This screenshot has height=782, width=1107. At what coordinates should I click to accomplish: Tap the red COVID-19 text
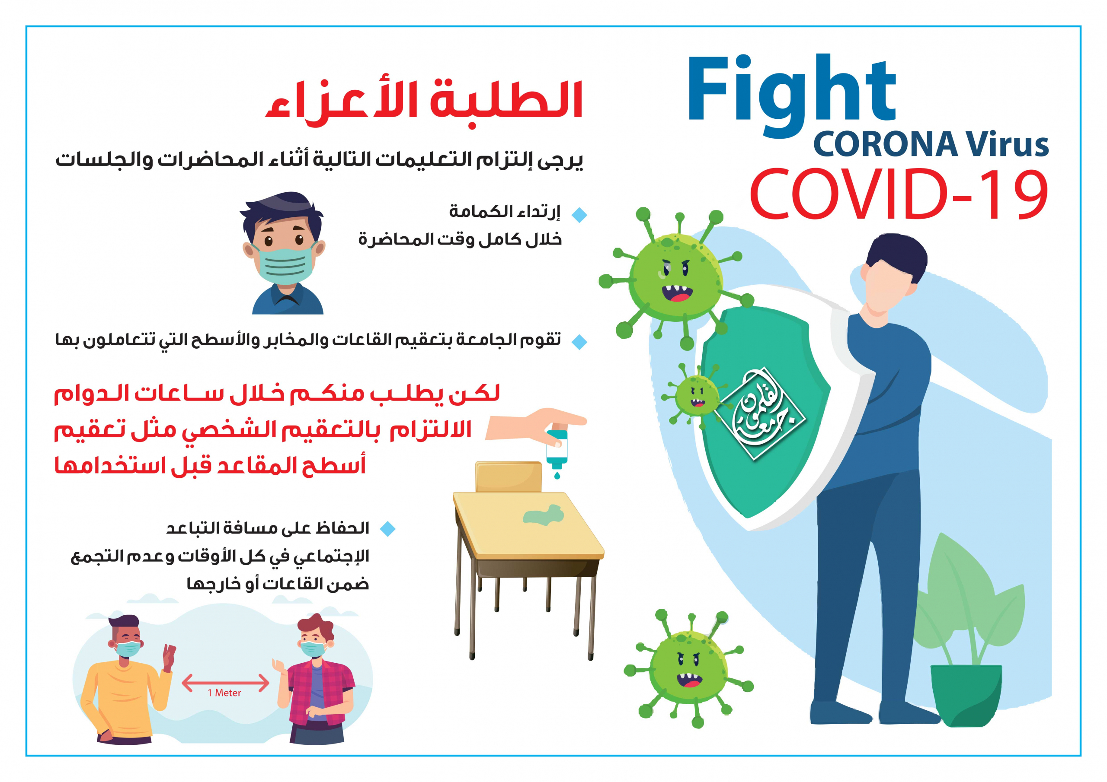[x=899, y=194]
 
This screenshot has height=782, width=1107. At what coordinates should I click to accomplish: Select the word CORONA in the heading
[x=885, y=145]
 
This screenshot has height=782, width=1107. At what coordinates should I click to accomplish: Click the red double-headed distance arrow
[x=225, y=682]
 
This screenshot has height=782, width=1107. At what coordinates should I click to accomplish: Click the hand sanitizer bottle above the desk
[x=557, y=448]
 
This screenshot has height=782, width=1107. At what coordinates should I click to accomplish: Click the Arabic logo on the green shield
[x=762, y=414]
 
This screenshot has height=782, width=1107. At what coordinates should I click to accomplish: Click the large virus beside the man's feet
[x=688, y=668]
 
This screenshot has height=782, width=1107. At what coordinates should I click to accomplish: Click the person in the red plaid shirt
[x=316, y=679]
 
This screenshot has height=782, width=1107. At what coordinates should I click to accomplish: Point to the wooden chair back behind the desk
[x=509, y=477]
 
